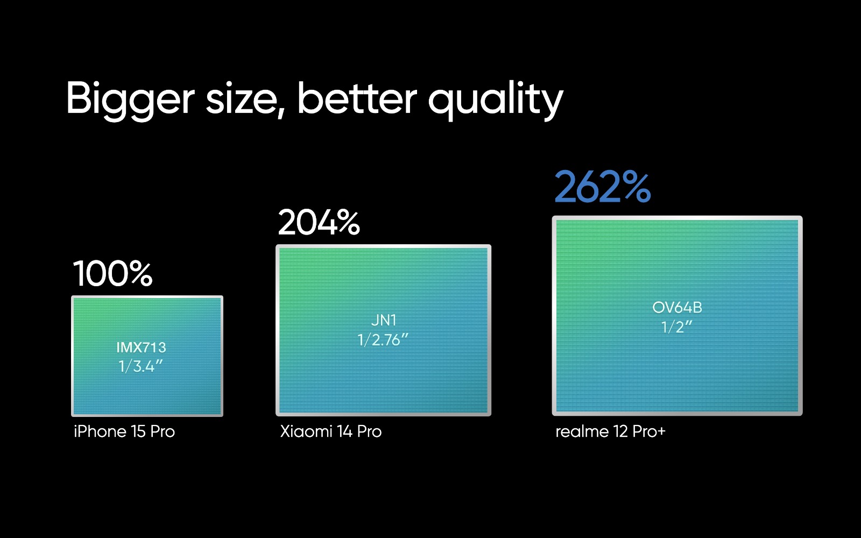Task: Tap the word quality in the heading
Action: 496,101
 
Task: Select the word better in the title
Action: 357,98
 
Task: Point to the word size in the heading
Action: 242,99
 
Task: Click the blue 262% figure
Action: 602,187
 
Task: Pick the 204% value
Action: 319,222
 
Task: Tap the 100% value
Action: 112,273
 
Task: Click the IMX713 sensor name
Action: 141,348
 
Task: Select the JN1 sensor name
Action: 384,320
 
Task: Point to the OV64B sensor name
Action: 677,307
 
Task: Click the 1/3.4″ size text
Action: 140,366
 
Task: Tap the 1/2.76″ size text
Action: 383,340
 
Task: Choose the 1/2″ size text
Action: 676,327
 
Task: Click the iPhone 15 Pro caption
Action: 124,431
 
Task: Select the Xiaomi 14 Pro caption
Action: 331,431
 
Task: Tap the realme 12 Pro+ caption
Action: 610,431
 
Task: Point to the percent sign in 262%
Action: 637,187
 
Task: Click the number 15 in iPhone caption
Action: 138,431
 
